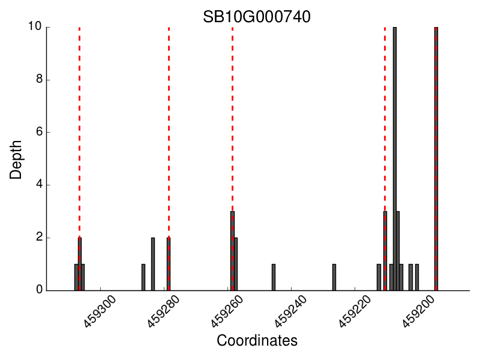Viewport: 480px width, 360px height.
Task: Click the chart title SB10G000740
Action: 257,17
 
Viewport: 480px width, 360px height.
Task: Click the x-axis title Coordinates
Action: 257,341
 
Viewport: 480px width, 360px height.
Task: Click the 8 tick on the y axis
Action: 37,80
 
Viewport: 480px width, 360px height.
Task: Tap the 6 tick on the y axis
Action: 37,132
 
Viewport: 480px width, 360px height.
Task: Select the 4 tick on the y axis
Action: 37,185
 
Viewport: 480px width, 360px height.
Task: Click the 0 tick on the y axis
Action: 37,290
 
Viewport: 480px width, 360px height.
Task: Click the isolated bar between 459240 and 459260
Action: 274,277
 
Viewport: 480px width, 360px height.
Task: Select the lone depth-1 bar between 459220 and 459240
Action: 334,277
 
